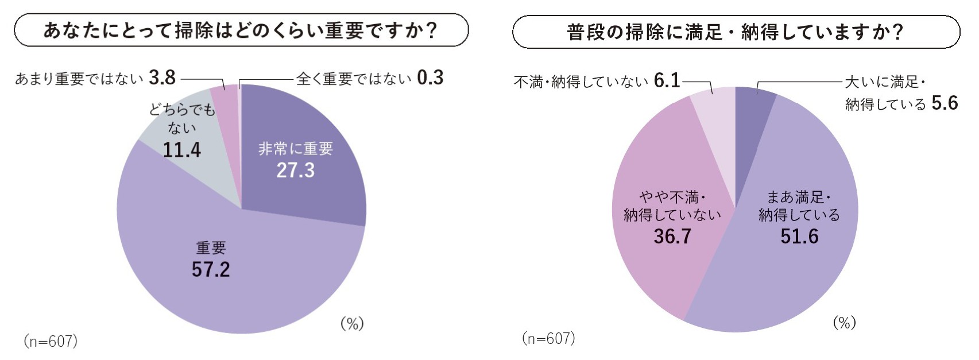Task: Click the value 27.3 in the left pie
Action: (x=295, y=171)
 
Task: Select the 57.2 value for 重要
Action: (x=210, y=269)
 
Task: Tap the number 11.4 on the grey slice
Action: (x=181, y=150)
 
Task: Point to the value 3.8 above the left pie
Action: (x=162, y=78)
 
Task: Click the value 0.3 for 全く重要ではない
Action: (x=430, y=78)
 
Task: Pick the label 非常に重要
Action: (x=295, y=149)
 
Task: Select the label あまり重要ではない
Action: (x=79, y=79)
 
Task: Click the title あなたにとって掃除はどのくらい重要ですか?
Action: (x=241, y=30)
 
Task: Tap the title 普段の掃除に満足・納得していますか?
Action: (x=736, y=32)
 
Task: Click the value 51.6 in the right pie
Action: (x=799, y=236)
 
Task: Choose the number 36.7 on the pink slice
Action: (x=672, y=236)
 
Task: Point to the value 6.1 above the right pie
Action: (x=667, y=81)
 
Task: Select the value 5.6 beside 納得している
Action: (x=945, y=103)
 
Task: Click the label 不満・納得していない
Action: (x=581, y=82)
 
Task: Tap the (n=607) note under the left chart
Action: (x=51, y=341)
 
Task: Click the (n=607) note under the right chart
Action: (x=548, y=338)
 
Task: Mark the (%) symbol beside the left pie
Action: (x=352, y=324)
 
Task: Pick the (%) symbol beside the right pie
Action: (x=844, y=323)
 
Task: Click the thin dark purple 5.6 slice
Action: (x=752, y=100)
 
